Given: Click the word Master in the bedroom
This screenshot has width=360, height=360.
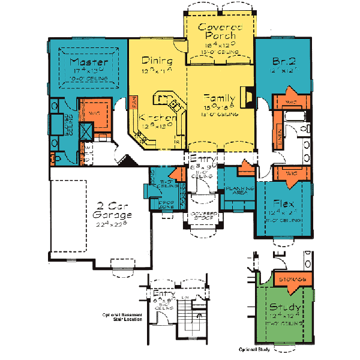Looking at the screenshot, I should pyautogui.click(x=88, y=62).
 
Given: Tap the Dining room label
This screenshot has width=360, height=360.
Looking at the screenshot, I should pyautogui.click(x=157, y=61).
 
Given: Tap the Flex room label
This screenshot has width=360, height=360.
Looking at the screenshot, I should pyautogui.click(x=283, y=203).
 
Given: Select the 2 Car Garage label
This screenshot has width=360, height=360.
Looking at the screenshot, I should pyautogui.click(x=112, y=209).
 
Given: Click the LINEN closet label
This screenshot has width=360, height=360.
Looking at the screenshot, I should pyautogui.click(x=281, y=137).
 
